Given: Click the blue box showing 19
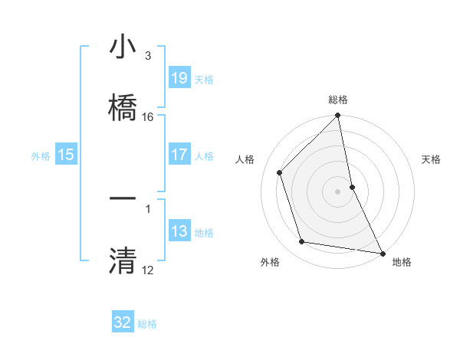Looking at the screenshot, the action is tap(179, 78).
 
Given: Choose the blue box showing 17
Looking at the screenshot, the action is tap(179, 155).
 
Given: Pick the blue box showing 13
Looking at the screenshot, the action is tap(179, 232).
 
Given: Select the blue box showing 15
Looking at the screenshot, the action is tap(66, 155).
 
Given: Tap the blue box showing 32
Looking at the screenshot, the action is tap(123, 322).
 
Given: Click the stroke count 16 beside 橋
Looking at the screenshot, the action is tap(148, 117).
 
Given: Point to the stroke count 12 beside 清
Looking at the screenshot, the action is tap(148, 270).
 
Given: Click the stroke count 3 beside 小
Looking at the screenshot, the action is tap(148, 56).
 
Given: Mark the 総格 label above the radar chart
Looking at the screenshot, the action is tap(338, 100).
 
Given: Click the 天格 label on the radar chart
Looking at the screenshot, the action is tap(432, 160).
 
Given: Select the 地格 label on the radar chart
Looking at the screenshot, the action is tap(402, 263).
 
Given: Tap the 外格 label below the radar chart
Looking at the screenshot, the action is tap(269, 263).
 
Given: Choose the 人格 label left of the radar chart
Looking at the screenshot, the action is tap(245, 160).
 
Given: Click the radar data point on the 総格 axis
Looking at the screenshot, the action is tap(338, 116).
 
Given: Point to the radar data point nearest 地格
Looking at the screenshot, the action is tap(382, 252).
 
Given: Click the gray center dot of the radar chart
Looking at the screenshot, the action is tap(338, 191).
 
